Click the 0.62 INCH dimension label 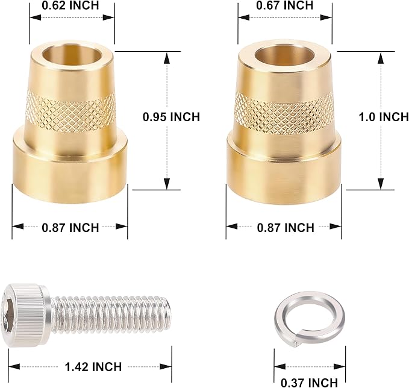point(70,5)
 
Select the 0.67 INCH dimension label point(284,5)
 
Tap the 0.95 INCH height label point(172,117)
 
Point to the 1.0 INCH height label point(384,117)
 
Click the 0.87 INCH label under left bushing point(70,228)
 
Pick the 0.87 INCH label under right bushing point(286,228)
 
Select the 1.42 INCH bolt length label point(93,367)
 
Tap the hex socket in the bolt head point(6,315)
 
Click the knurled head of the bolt point(25,315)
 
